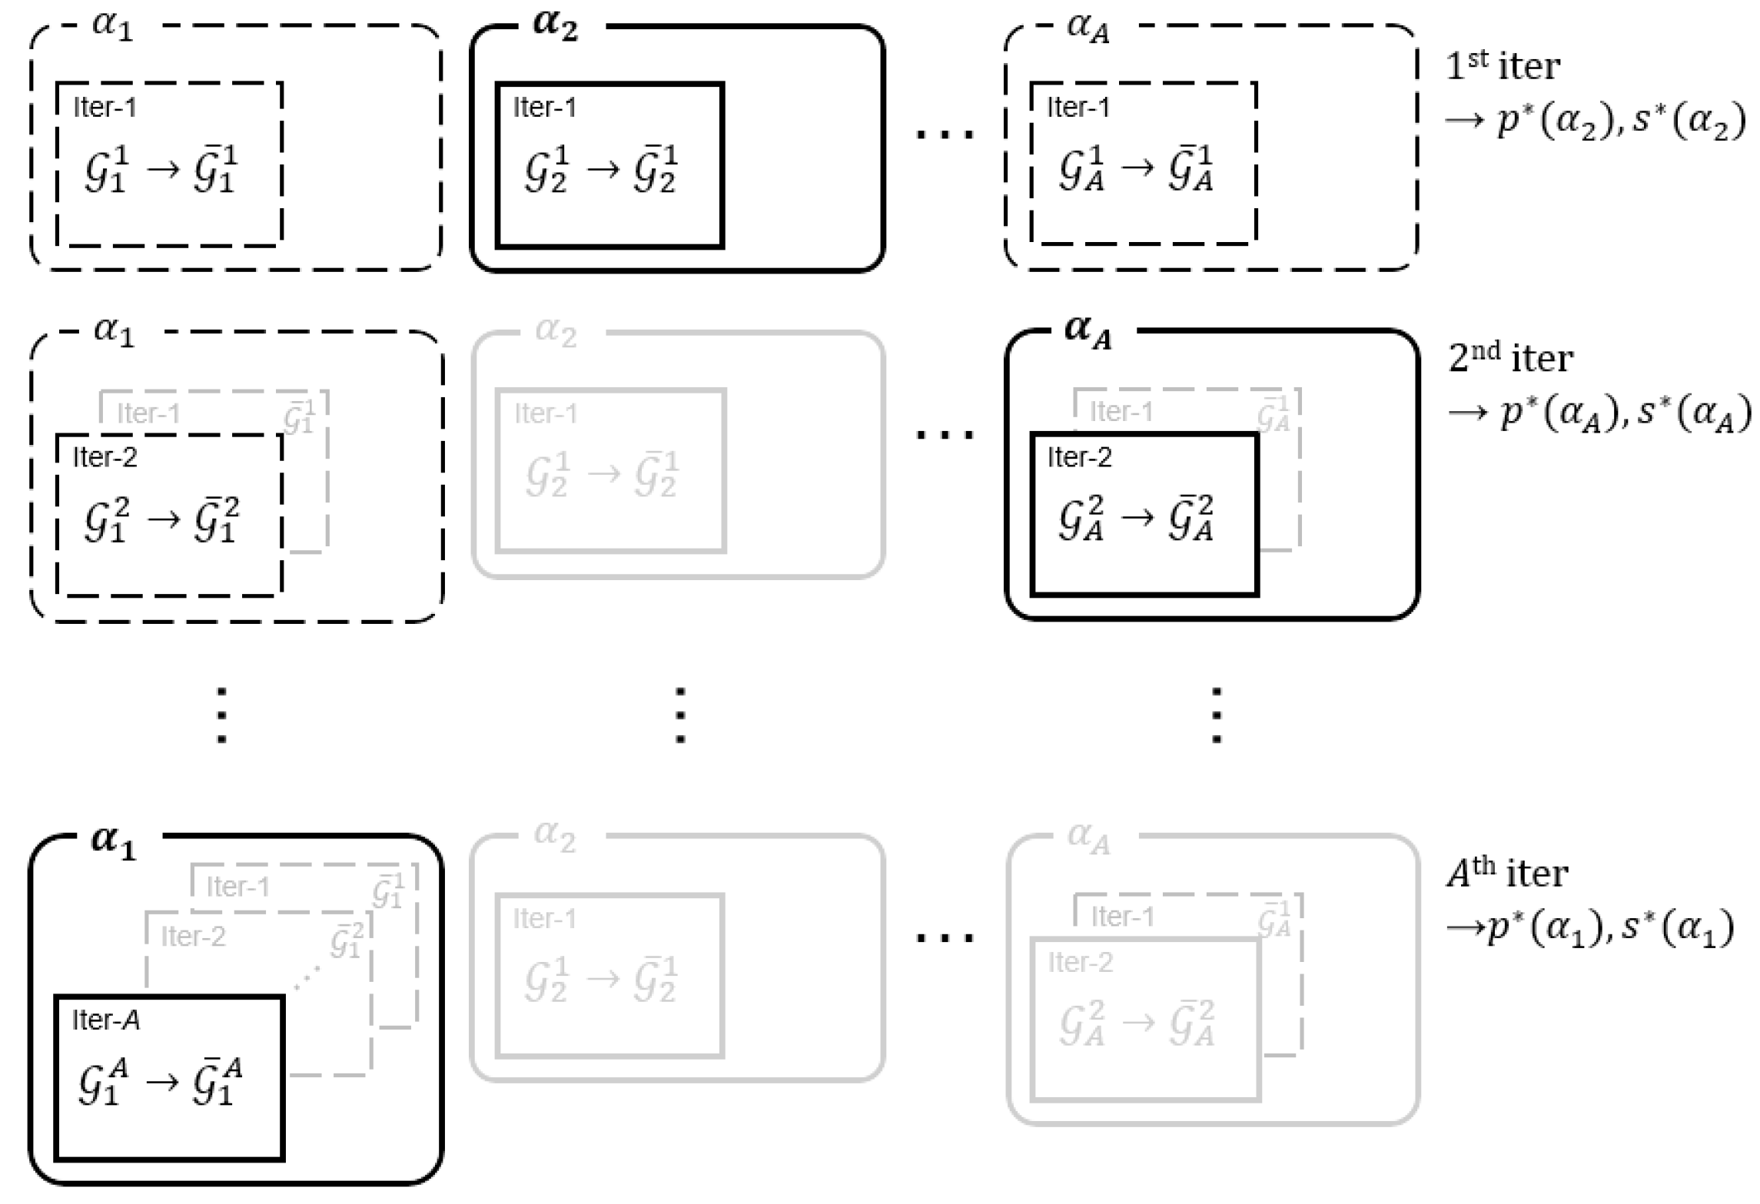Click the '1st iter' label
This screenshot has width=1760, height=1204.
tap(1503, 66)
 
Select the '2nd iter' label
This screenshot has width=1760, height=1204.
tap(1510, 358)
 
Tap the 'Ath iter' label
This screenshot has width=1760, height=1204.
tap(1506, 874)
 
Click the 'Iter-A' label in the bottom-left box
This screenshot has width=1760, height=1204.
tap(106, 1020)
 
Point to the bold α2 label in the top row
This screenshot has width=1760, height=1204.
tap(555, 26)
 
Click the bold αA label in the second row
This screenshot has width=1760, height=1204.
tap(1088, 331)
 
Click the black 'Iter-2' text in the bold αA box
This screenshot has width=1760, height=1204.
tap(1079, 458)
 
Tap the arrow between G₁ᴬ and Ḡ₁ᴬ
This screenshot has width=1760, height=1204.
tap(162, 1083)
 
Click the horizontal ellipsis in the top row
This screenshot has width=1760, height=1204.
tap(945, 134)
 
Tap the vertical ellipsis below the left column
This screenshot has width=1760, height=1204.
tap(221, 715)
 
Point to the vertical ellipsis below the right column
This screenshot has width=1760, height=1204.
tap(1216, 715)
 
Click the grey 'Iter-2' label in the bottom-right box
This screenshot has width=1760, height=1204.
tap(1080, 963)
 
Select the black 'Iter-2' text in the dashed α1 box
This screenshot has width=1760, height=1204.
tap(105, 458)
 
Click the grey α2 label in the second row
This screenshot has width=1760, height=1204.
tap(555, 332)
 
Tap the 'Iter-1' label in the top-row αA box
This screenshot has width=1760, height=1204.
tap(1078, 108)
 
